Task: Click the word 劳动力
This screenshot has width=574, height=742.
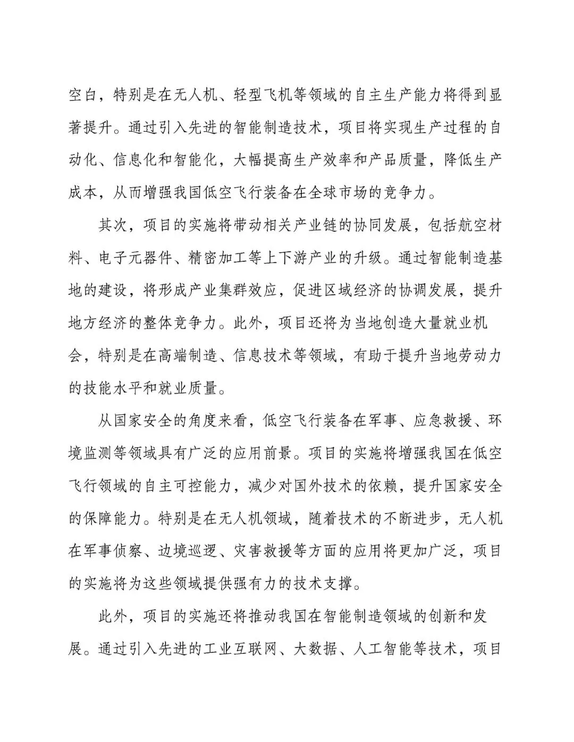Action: [478, 355]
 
